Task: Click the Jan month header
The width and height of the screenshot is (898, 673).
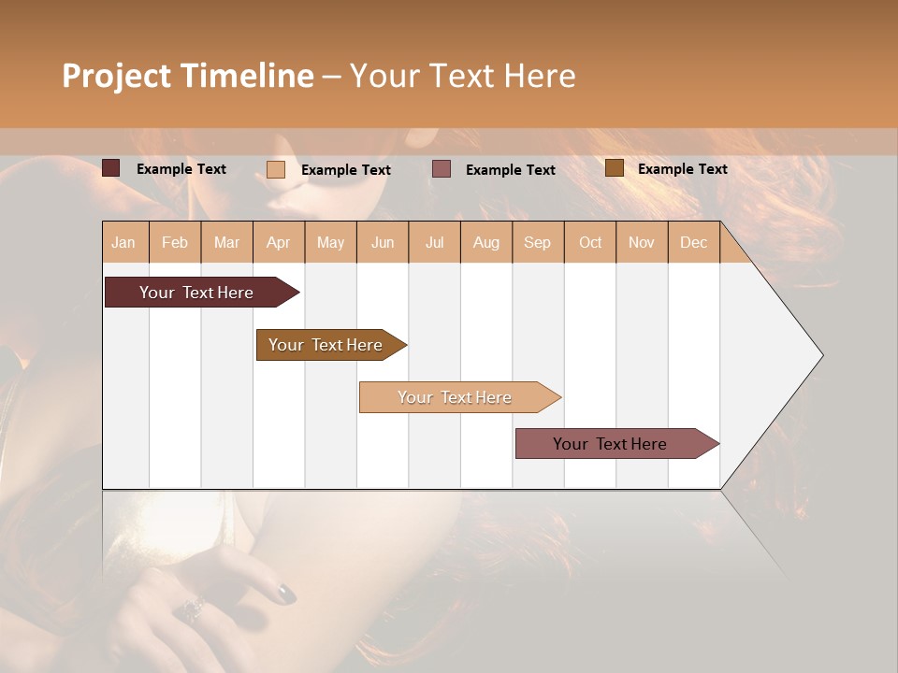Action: coord(123,242)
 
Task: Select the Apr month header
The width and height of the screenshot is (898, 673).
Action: coord(278,242)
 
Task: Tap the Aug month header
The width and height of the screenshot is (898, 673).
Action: coord(485,242)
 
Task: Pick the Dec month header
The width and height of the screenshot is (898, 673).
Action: coord(693,242)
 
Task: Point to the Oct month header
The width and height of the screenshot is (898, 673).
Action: coord(590,242)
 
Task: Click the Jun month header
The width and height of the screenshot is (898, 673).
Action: coord(383,242)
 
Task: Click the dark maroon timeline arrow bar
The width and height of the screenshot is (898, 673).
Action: coord(196,293)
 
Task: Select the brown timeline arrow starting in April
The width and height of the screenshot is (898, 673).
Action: coord(326,345)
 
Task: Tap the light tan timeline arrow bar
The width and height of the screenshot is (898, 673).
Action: coord(455,397)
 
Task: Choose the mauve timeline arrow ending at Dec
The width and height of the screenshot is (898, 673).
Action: coord(610,444)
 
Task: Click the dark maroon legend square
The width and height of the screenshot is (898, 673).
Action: coord(110,168)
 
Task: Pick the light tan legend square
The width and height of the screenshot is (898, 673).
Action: coord(276,169)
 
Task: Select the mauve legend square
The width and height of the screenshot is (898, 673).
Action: coord(442,169)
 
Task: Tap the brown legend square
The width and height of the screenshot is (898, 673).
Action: coord(614,168)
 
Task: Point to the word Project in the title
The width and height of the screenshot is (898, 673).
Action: coord(116,76)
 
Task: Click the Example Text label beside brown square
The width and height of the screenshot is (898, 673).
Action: coord(682,169)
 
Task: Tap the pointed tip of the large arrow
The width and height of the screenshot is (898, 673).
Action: coord(820,355)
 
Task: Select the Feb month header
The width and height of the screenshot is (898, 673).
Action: coord(175,242)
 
